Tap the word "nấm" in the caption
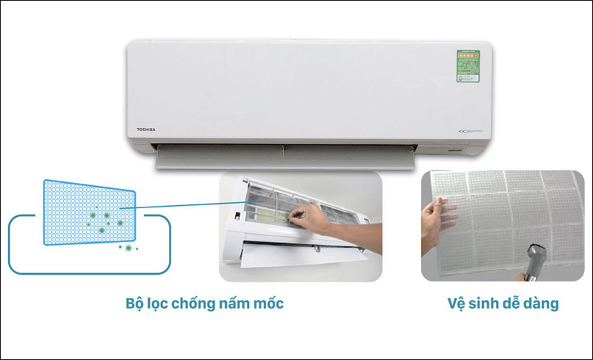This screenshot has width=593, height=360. [x=236, y=304]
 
